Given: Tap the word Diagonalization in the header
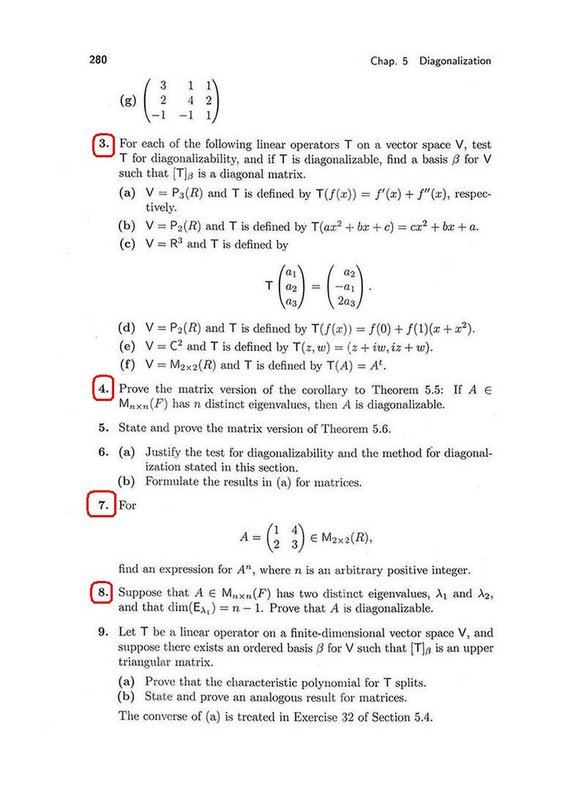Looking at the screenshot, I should tap(455, 61).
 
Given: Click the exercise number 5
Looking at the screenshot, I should tap(104, 428).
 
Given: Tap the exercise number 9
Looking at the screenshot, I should tap(104, 633).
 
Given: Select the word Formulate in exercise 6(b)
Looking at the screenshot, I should tap(173, 482).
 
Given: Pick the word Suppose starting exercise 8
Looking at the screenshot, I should tap(139, 593).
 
